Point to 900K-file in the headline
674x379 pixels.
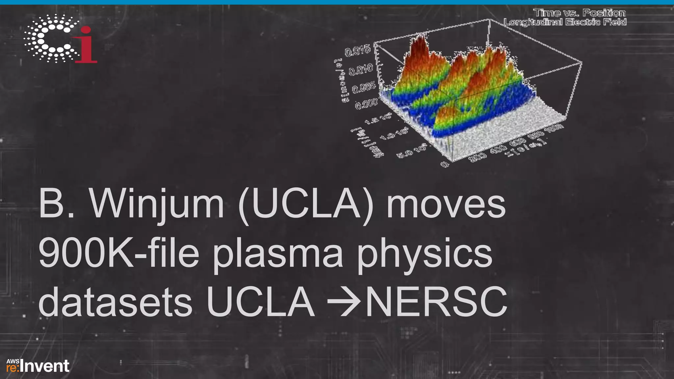tap(119, 253)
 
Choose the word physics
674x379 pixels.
tap(425, 253)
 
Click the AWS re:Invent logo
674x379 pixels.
tap(38, 366)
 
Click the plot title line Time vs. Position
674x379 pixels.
tap(579, 13)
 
